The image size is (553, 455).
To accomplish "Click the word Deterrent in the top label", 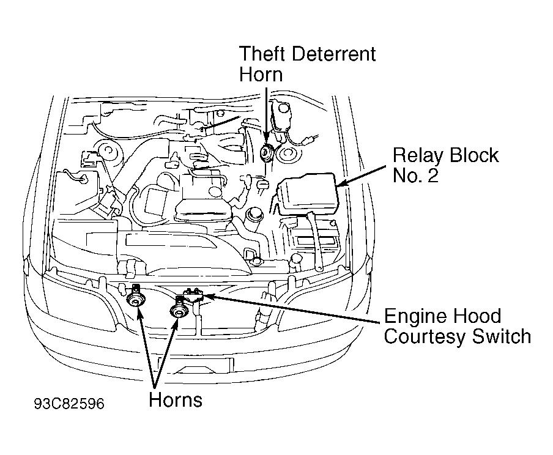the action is [x=334, y=54].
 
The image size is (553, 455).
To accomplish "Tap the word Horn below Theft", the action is [x=261, y=75].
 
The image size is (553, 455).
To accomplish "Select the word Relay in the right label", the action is [x=418, y=155].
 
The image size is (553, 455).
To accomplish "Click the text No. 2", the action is [x=415, y=175].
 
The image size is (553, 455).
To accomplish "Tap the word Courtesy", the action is [x=425, y=337].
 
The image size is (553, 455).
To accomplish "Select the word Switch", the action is [x=501, y=336].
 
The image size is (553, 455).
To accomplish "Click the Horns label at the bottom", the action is [x=176, y=400].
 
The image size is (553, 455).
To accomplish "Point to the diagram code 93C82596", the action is [x=69, y=404].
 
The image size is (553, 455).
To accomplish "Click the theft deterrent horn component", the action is [x=265, y=153].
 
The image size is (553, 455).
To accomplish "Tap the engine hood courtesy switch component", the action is [x=193, y=295].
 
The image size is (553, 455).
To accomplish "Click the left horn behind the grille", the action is [x=136, y=298].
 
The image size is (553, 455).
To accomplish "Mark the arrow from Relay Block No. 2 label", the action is [x=361, y=176].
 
